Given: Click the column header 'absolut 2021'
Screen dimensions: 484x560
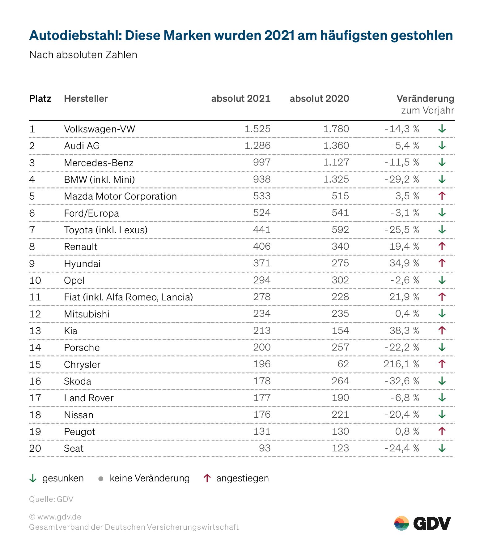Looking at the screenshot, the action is pos(241,99).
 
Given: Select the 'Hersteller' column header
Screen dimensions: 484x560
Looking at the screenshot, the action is pos(86,99).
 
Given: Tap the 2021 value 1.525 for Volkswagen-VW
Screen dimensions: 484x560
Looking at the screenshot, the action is pos(257,129).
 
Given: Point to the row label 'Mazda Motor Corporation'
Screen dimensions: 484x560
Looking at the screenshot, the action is pos(120,196).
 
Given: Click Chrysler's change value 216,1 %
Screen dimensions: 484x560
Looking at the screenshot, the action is pos(401,364).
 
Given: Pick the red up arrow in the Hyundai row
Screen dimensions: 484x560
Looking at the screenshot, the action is pos(442,263).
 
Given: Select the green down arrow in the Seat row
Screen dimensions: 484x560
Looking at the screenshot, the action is pos(442,448).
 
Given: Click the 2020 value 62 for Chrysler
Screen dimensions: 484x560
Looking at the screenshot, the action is pos(343,364).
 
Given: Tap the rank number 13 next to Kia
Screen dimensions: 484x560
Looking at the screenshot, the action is pos(35,331).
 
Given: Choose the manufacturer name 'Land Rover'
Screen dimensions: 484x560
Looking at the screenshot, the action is pos(89,398).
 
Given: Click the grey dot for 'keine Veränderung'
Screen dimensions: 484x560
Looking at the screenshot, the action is pos(100,479).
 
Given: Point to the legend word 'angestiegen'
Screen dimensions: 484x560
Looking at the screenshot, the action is pos(242,478).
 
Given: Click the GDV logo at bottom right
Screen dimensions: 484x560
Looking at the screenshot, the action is pos(422,523).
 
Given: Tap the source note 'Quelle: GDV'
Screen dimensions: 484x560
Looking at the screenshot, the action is pos(51,499).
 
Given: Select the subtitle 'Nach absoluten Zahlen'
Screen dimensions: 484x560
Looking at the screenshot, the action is pos(83,55).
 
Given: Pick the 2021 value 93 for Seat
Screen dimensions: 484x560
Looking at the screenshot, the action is pos(265,448).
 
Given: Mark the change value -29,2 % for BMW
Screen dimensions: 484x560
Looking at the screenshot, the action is pos(402,179).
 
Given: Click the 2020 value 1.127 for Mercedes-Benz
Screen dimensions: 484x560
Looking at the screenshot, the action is pos(336,162).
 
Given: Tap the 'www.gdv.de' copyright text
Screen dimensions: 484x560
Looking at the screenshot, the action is pos(55,517).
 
